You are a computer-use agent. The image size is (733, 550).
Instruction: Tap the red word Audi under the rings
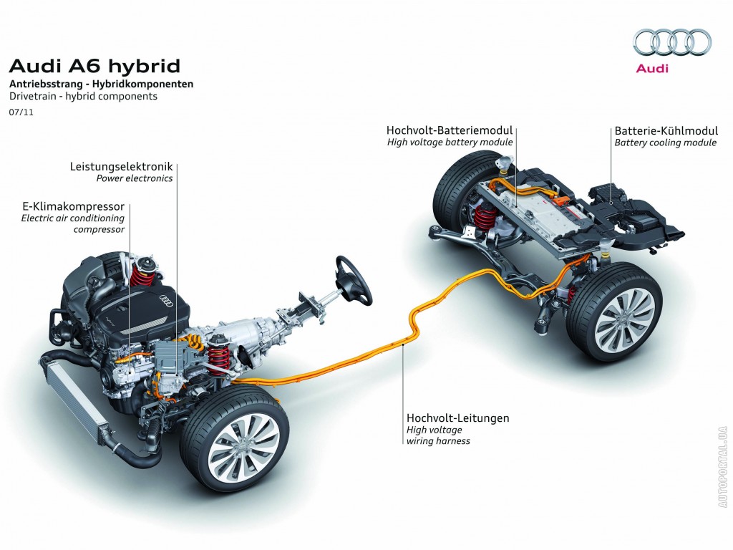click(x=652, y=68)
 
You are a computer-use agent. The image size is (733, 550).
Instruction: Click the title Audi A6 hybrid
click(x=94, y=66)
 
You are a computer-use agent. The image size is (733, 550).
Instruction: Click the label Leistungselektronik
click(x=121, y=166)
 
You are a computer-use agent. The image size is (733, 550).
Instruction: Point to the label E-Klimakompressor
click(x=74, y=206)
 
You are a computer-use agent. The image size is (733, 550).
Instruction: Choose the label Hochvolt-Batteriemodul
click(x=450, y=130)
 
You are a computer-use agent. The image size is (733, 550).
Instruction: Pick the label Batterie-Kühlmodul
click(x=666, y=131)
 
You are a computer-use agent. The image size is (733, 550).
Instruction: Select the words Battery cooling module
click(x=665, y=143)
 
